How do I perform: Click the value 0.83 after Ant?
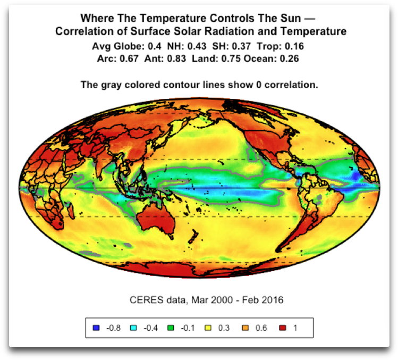(x=176, y=58)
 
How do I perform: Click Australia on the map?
(x=156, y=220)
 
